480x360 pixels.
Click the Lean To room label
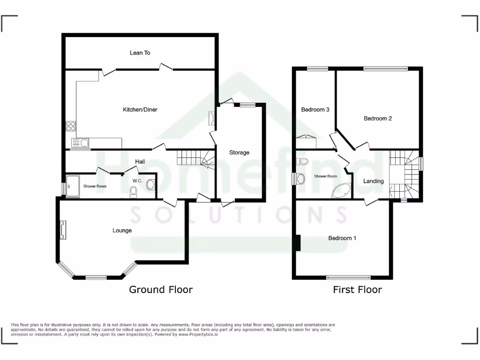[140, 53]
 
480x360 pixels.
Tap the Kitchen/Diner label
[140, 110]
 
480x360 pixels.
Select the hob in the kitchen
[71, 126]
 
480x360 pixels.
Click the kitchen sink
[80, 143]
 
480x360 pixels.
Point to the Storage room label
[239, 152]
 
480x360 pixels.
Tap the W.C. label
[137, 180]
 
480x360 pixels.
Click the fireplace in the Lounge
[63, 230]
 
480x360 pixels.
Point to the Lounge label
[122, 230]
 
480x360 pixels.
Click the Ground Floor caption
[161, 290]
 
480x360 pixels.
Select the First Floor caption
[357, 290]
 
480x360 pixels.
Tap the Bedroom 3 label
[315, 110]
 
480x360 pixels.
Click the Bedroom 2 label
[378, 119]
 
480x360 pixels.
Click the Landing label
[374, 181]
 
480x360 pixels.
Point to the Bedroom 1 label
[342, 238]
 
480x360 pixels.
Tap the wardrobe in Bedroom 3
[306, 142]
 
